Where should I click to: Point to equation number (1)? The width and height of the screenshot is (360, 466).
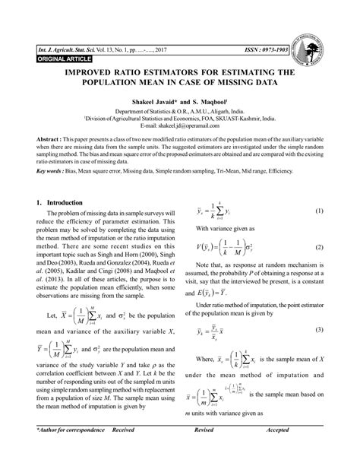[318, 211]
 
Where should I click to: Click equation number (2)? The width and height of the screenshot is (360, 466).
[318, 248]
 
